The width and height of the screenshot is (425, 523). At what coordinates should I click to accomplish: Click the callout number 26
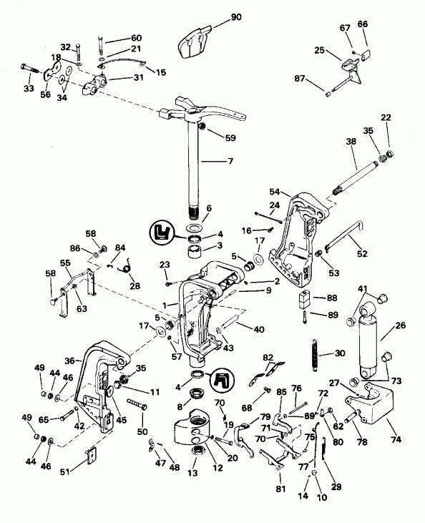coord(399,326)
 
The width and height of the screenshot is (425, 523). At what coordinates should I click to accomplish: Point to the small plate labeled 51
coord(91,456)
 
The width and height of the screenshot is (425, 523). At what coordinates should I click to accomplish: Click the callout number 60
coord(136,37)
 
